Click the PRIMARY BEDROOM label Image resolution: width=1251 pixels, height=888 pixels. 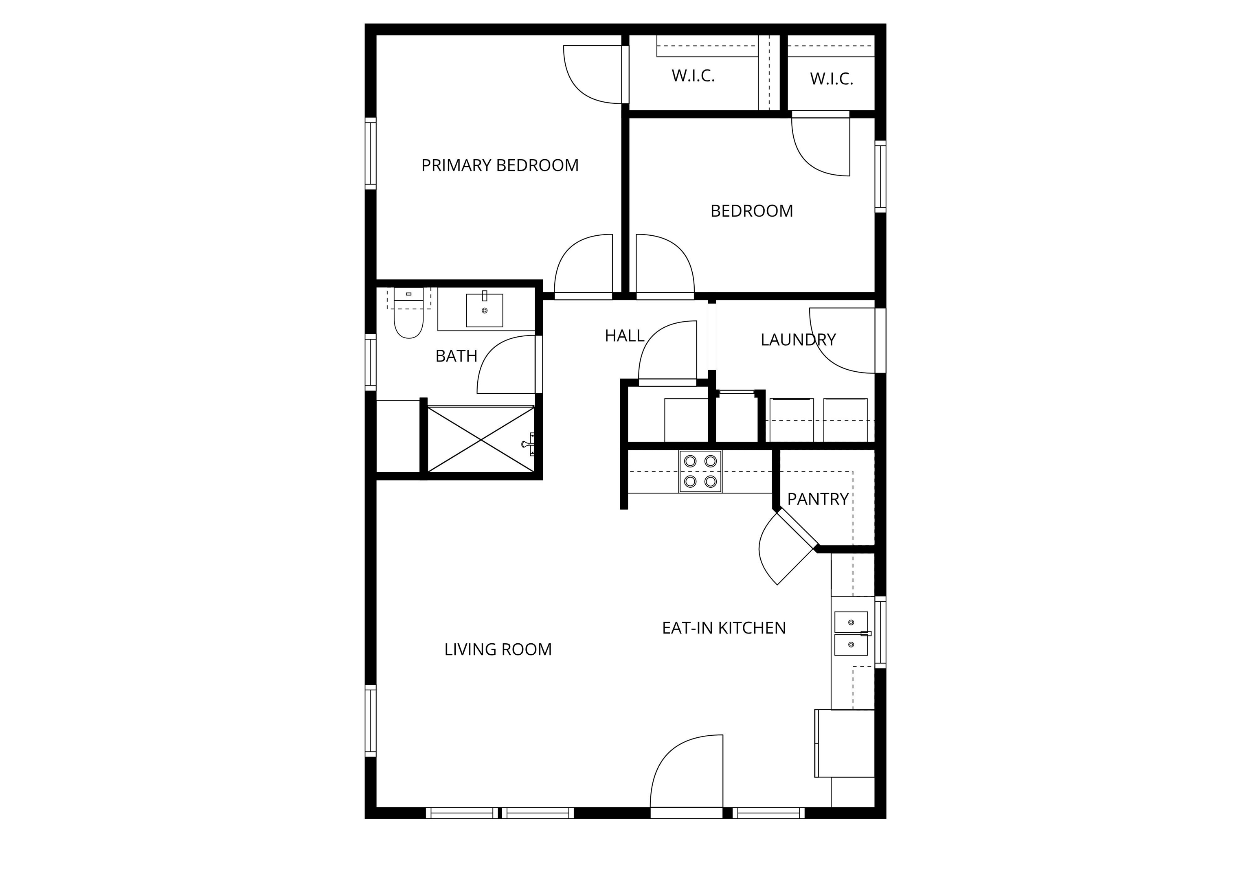click(x=500, y=165)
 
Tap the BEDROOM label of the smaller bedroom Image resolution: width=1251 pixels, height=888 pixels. click(x=752, y=211)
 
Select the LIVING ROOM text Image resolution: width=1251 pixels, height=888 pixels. click(x=498, y=649)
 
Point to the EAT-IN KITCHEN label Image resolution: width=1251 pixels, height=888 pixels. click(x=724, y=628)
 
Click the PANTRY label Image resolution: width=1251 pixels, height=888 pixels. click(x=818, y=499)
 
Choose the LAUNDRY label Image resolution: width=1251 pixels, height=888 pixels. click(x=798, y=340)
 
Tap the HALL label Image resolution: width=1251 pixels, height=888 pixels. click(x=624, y=336)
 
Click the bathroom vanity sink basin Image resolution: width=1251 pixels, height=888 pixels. click(x=485, y=310)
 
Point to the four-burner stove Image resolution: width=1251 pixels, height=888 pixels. click(x=700, y=471)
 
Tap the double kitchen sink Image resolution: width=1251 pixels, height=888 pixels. click(x=852, y=633)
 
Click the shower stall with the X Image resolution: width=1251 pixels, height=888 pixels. click(x=481, y=439)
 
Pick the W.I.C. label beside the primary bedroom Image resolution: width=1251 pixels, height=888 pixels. click(x=693, y=76)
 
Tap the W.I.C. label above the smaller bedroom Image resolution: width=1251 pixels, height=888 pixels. click(x=832, y=79)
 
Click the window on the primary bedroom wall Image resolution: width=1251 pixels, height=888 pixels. click(x=371, y=153)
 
